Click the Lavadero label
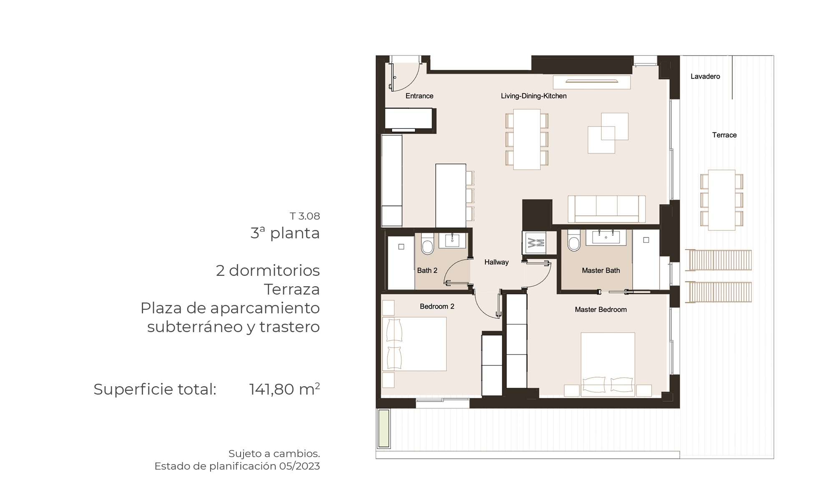pyautogui.click(x=705, y=76)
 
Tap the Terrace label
pyautogui.click(x=724, y=135)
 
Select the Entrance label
pyautogui.click(x=420, y=96)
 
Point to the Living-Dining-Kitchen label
pyautogui.click(x=534, y=96)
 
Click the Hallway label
pyautogui.click(x=496, y=262)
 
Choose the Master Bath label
pyautogui.click(x=601, y=270)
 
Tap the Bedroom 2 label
pyautogui.click(x=437, y=306)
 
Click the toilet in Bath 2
pyautogui.click(x=427, y=244)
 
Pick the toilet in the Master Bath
pyautogui.click(x=574, y=240)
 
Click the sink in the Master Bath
pyautogui.click(x=606, y=237)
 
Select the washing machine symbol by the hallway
pyautogui.click(x=534, y=242)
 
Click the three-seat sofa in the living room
pyautogui.click(x=607, y=209)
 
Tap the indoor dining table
pyautogui.click(x=527, y=139)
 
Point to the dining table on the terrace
pyautogui.click(x=722, y=200)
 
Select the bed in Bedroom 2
pyautogui.click(x=414, y=344)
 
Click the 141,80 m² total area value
pyautogui.click(x=284, y=389)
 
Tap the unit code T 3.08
pyautogui.click(x=305, y=216)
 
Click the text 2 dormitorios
pyautogui.click(x=268, y=270)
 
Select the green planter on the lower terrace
pyautogui.click(x=384, y=428)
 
